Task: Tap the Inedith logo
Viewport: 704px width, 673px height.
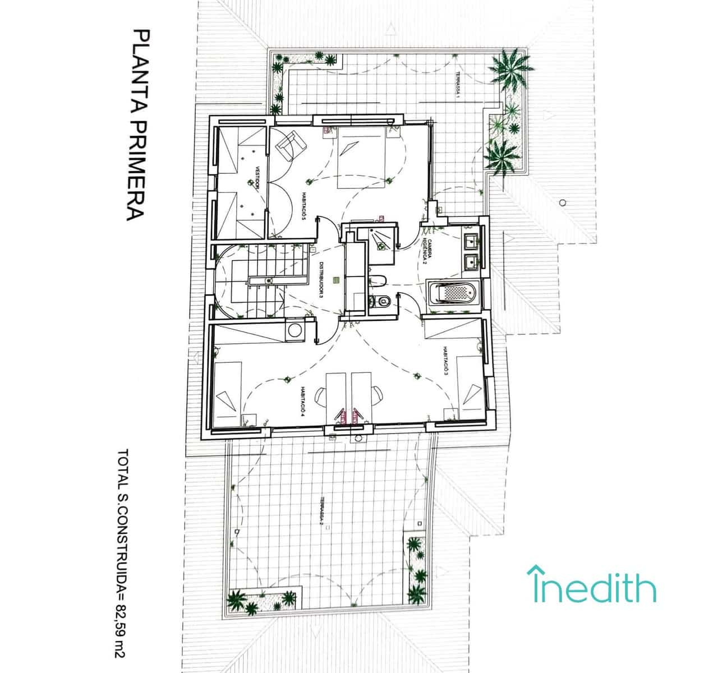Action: (x=591, y=586)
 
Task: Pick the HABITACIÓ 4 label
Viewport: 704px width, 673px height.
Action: (x=301, y=402)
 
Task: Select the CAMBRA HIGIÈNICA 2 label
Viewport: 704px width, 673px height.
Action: (x=426, y=250)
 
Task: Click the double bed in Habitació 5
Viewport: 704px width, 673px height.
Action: (x=362, y=156)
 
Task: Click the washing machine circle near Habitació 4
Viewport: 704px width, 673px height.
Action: (x=293, y=330)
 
